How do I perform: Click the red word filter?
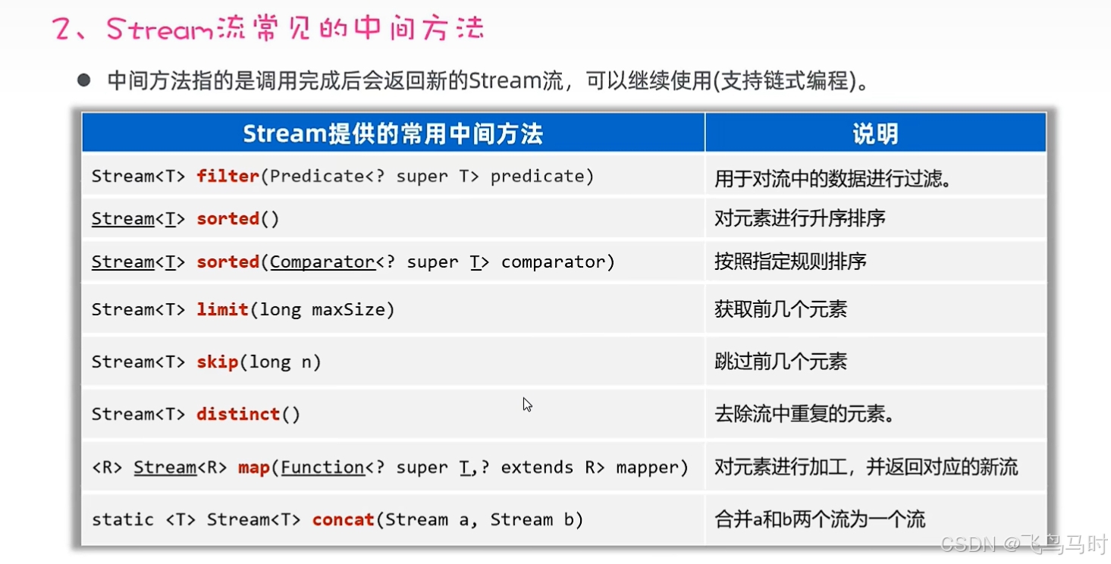[x=228, y=176]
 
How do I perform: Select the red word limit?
[x=222, y=309]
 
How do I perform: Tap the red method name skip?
[x=218, y=362]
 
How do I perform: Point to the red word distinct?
[x=238, y=414]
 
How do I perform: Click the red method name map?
[x=254, y=468]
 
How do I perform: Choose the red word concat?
[x=344, y=520]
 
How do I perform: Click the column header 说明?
[x=875, y=133]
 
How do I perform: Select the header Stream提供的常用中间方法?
[x=393, y=133]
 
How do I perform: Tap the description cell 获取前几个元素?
[x=780, y=309]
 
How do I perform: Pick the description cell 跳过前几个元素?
[x=780, y=362]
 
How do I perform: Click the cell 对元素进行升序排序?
[x=800, y=219]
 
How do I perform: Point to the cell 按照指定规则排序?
[x=790, y=262]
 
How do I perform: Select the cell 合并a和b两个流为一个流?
[x=820, y=520]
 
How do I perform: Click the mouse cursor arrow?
[x=526, y=404]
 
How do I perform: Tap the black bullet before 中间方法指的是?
[x=84, y=80]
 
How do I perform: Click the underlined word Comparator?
[x=322, y=262]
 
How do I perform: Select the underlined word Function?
[x=322, y=468]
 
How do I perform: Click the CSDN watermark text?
[x=966, y=544]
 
